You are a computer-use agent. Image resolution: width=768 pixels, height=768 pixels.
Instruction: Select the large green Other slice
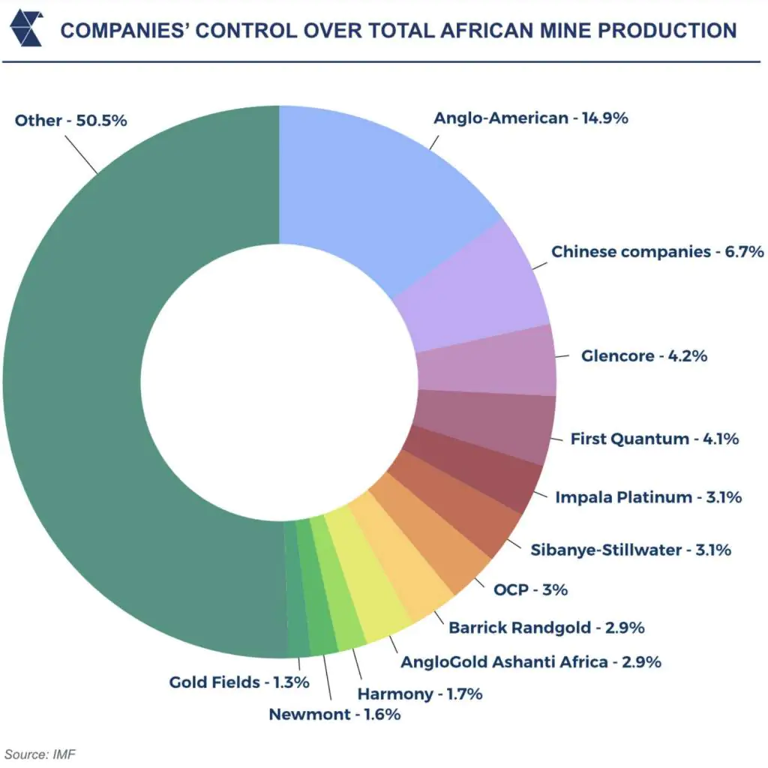click(x=73, y=382)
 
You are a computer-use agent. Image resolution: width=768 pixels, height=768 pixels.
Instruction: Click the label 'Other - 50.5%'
click(x=71, y=120)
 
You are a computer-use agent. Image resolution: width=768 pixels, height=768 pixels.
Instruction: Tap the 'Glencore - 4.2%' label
click(x=644, y=355)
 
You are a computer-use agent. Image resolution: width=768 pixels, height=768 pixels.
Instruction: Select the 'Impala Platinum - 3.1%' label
click(x=649, y=497)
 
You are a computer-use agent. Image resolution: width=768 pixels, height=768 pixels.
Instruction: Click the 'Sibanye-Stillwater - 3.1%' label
click(x=631, y=550)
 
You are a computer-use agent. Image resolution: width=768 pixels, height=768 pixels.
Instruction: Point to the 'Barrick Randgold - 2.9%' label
click(x=547, y=628)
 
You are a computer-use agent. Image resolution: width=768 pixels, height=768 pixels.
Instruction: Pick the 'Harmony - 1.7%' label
click(x=420, y=694)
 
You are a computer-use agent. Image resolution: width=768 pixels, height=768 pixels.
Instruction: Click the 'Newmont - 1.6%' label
click(x=334, y=714)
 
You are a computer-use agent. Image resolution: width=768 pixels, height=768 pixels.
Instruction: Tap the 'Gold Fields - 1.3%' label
click(x=239, y=682)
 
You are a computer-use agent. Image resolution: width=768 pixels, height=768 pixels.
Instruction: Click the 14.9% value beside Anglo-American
click(x=605, y=118)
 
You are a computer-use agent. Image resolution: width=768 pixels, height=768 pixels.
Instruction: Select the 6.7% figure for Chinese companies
click(x=745, y=252)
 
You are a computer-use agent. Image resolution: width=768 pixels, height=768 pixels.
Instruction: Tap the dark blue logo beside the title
click(x=27, y=29)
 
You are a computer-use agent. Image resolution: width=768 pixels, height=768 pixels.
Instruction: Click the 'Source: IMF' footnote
click(x=40, y=754)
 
